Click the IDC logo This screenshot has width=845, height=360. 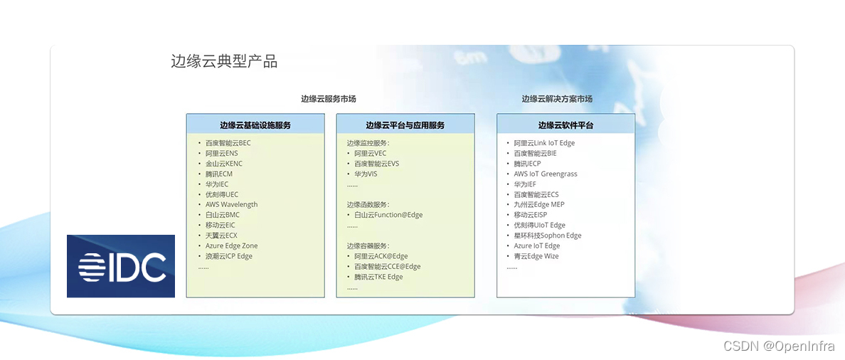pyautogui.click(x=121, y=266)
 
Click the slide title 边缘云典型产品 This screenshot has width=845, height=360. pyautogui.click(x=224, y=61)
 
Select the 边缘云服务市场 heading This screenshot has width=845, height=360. pyautogui.click(x=328, y=99)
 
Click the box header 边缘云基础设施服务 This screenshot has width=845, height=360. pyautogui.click(x=255, y=125)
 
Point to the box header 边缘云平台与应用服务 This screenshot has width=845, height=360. pyautogui.click(x=405, y=125)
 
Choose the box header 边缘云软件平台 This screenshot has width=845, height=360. pyautogui.click(x=566, y=125)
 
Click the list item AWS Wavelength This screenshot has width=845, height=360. pyautogui.click(x=232, y=205)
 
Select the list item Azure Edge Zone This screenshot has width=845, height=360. pyautogui.click(x=232, y=245)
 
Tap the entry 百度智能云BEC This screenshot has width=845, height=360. pyautogui.click(x=228, y=143)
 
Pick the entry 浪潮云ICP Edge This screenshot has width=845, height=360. pyautogui.click(x=229, y=256)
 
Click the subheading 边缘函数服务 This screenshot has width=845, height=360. pyautogui.click(x=368, y=205)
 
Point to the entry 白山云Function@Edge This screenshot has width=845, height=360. pyautogui.click(x=388, y=215)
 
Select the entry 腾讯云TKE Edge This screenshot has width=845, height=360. pyautogui.click(x=378, y=277)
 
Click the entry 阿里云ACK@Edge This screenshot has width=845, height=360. pyautogui.click(x=381, y=256)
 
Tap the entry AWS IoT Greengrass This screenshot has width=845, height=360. pyautogui.click(x=546, y=174)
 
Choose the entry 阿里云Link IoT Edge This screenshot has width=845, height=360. pyautogui.click(x=544, y=143)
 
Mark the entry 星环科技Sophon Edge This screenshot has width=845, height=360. pyautogui.click(x=548, y=235)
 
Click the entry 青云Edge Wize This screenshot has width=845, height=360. pyautogui.click(x=536, y=256)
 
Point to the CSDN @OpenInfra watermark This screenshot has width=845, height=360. pyautogui.click(x=780, y=346)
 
